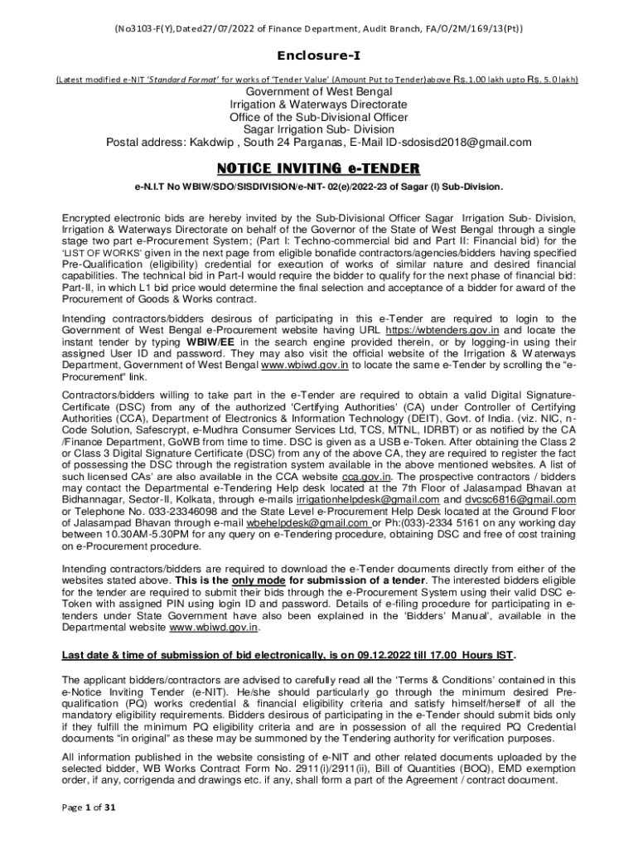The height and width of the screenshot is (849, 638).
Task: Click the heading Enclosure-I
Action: pyautogui.click(x=319, y=56)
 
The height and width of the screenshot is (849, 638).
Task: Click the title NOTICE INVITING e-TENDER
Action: pyautogui.click(x=319, y=168)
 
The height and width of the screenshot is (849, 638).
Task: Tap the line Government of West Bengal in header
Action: pyautogui.click(x=319, y=92)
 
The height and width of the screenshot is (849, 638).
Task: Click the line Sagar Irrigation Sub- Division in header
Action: pyautogui.click(x=319, y=129)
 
